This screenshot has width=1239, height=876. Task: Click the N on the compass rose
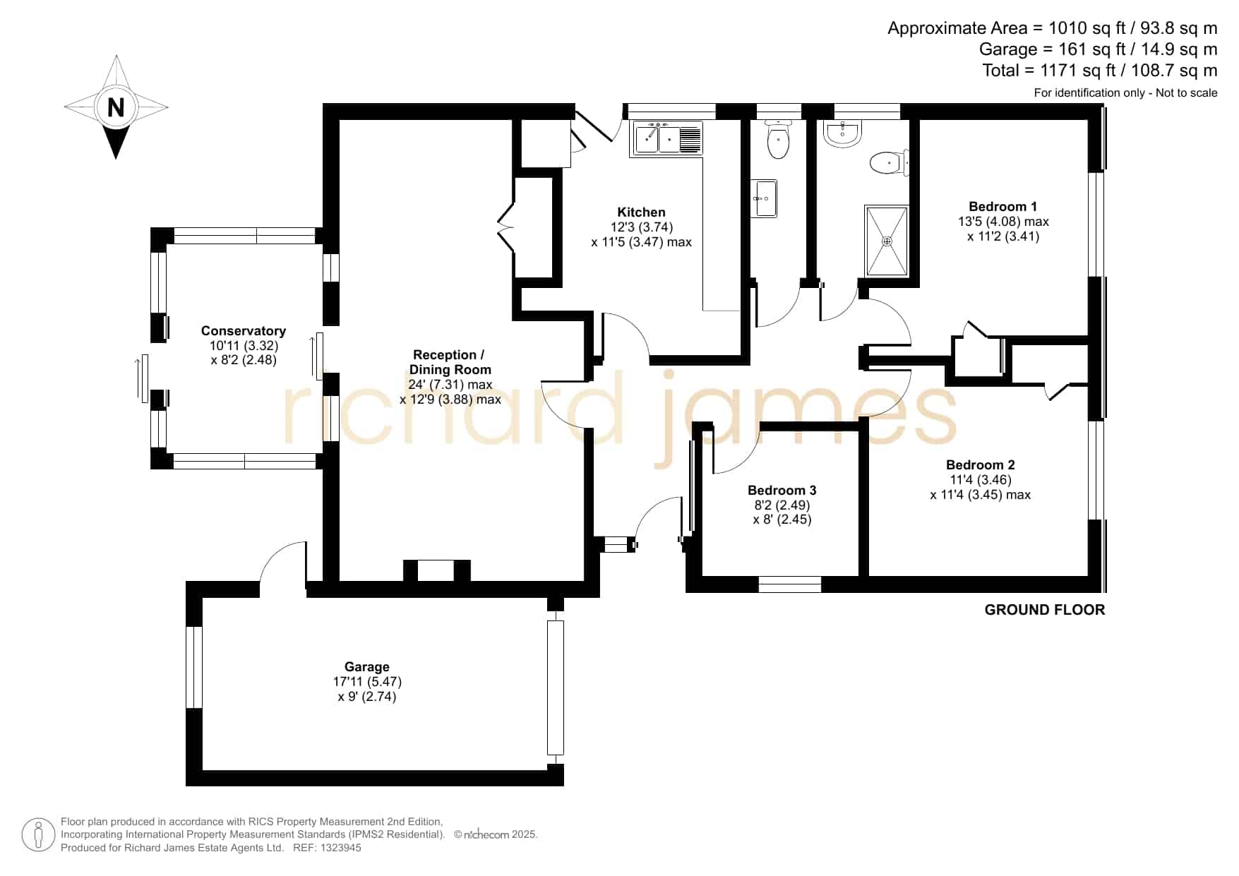[116, 107]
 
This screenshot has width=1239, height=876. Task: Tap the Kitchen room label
[641, 212]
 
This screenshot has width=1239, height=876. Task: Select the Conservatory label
[244, 330]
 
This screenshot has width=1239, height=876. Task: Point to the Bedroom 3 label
[782, 490]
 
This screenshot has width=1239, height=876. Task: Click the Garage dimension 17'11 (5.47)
[367, 682]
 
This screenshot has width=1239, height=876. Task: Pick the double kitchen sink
[668, 138]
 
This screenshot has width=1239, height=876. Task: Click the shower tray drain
[887, 241]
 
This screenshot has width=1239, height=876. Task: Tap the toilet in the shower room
[888, 163]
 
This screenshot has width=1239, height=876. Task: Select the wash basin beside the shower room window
[843, 134]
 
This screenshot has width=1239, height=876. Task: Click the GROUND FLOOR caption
[1045, 610]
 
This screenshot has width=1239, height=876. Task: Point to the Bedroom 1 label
[1002, 206]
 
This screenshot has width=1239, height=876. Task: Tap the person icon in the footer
[38, 835]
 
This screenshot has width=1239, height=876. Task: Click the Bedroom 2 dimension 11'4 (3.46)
[980, 480]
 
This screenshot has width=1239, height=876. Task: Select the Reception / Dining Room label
[450, 362]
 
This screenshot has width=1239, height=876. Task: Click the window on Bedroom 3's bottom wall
[790, 584]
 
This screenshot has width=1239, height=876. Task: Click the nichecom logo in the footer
[486, 834]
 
